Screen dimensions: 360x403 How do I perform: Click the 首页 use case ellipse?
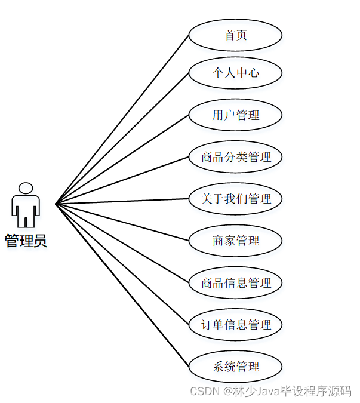click(235, 35)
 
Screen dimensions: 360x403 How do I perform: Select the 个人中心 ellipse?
click(235, 73)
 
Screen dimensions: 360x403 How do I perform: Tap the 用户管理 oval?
click(235, 115)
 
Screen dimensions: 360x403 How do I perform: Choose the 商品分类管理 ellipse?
click(235, 157)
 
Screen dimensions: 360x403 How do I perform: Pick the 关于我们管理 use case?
click(235, 199)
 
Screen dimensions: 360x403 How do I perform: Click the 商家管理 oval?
click(235, 241)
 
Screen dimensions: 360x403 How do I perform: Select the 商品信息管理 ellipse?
click(235, 282)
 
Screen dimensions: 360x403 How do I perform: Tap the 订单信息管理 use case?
click(235, 325)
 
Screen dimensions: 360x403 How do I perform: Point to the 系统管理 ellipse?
click(235, 366)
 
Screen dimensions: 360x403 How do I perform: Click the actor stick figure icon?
click(26, 205)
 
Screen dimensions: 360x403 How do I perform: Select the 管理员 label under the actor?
click(26, 241)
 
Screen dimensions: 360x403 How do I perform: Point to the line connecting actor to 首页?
click(122, 119)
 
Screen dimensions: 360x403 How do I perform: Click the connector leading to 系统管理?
click(122, 285)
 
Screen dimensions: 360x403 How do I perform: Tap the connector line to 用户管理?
click(122, 159)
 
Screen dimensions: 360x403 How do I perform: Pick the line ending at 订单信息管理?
click(122, 264)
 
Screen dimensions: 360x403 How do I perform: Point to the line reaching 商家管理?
click(122, 222)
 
